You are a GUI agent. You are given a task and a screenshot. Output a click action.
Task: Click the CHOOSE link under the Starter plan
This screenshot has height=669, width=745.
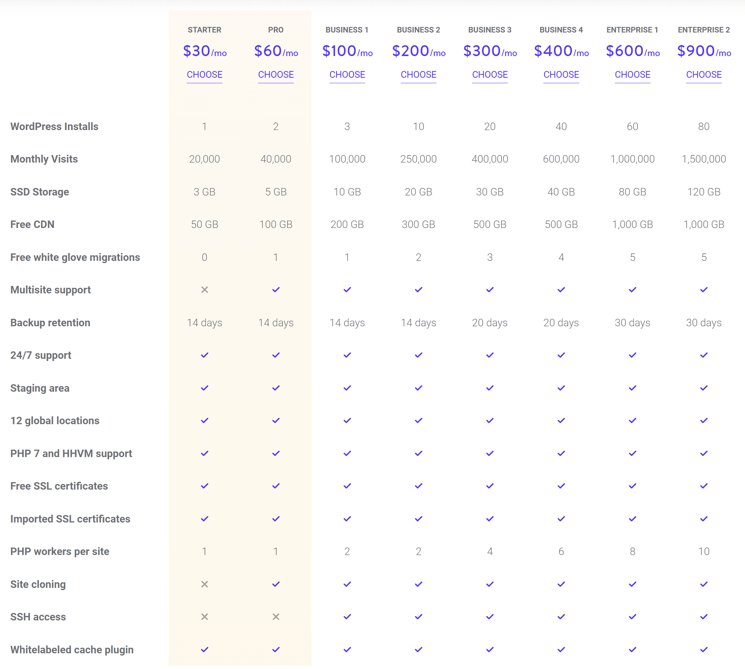tap(205, 75)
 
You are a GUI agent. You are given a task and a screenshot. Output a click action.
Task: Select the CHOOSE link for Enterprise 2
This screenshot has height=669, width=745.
tap(704, 75)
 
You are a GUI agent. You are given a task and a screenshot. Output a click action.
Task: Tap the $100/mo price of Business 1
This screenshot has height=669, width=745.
tap(347, 51)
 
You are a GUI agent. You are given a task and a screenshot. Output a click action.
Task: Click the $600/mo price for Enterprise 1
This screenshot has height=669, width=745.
tap(633, 51)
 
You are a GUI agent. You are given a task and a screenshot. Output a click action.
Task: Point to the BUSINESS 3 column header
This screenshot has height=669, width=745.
tap(490, 30)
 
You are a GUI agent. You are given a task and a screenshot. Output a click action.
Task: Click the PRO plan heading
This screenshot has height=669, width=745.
tap(276, 30)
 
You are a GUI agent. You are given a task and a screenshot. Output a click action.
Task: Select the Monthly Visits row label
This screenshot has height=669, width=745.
tap(44, 159)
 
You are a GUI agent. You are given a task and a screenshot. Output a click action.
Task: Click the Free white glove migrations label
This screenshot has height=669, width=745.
tap(75, 258)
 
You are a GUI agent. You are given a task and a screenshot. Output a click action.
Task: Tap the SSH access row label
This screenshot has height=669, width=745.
tap(38, 617)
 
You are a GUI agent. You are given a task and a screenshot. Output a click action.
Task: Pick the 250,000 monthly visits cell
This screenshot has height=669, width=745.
tap(418, 159)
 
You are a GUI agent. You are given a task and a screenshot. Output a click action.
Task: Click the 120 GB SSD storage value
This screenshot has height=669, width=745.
tap(704, 192)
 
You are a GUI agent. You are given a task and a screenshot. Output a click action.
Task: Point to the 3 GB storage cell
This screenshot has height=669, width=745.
tap(204, 192)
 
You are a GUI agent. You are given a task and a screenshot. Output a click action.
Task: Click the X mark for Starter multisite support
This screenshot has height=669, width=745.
tap(205, 290)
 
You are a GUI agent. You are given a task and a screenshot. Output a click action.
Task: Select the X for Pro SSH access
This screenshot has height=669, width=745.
tap(276, 617)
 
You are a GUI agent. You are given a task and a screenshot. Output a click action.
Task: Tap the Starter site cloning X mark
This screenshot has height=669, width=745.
tap(205, 584)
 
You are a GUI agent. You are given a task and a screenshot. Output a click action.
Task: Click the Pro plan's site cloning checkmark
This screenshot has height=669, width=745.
tap(276, 584)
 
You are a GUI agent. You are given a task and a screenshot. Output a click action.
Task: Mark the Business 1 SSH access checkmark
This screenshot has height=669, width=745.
tap(347, 617)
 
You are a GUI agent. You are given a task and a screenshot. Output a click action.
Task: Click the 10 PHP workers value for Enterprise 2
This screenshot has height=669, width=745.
tap(704, 552)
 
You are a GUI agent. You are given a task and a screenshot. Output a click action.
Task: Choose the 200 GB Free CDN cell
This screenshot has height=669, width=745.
tap(347, 225)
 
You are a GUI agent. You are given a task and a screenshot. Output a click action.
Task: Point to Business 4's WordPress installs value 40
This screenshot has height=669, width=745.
tap(561, 127)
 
